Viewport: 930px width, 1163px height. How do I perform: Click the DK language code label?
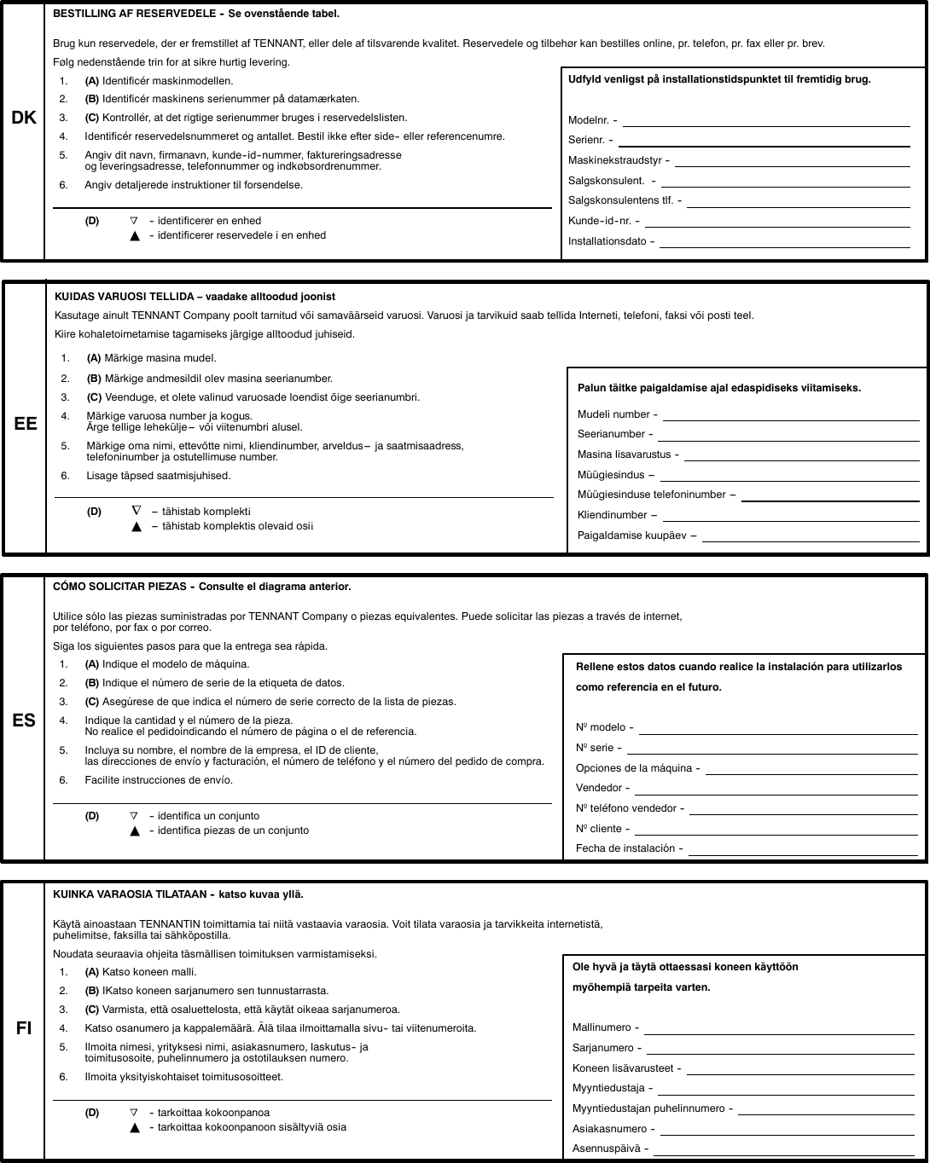point(24,119)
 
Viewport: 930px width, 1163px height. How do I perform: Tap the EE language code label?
point(26,423)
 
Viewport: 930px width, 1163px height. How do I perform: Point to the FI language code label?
point(24,1027)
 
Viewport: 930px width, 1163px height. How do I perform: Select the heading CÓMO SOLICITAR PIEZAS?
point(120,587)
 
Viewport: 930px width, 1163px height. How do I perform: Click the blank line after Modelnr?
point(766,124)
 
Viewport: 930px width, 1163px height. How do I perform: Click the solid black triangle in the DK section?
point(134,236)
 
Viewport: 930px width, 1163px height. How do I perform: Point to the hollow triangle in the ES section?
point(134,816)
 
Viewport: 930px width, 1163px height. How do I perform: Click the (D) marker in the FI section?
point(91,1113)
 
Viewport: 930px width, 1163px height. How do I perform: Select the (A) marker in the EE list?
point(94,358)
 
